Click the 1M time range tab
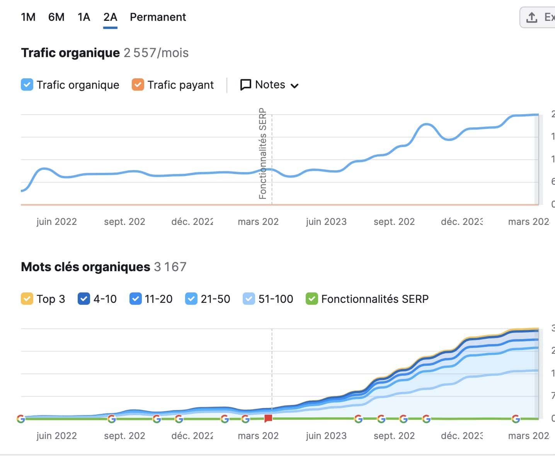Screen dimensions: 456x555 (x=28, y=17)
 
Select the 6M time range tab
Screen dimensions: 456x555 (x=56, y=17)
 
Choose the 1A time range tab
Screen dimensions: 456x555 (x=84, y=17)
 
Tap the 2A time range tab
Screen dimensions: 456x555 (x=110, y=17)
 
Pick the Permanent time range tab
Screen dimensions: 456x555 (x=158, y=17)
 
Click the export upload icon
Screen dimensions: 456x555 (x=532, y=17)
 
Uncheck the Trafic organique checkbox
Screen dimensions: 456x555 (x=27, y=84)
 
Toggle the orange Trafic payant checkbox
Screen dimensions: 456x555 (x=138, y=84)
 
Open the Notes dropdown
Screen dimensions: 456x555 (x=269, y=85)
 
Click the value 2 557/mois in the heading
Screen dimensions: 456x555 (x=156, y=53)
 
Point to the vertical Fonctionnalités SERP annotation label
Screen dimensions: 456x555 (x=263, y=154)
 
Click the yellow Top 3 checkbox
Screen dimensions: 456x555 (x=27, y=299)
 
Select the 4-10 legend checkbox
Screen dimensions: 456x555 (x=84, y=299)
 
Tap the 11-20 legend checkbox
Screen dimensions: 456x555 (x=136, y=299)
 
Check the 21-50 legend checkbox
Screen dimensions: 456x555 (x=191, y=299)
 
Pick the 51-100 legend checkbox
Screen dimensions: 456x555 (x=249, y=299)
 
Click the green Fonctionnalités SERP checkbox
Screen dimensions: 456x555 (x=312, y=299)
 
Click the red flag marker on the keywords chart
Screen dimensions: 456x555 (x=268, y=419)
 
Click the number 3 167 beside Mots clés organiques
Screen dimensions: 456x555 (x=170, y=267)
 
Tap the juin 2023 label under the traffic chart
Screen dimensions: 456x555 (x=326, y=222)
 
